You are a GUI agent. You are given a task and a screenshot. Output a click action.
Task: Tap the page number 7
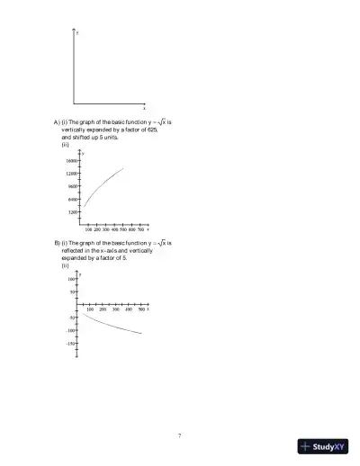179,435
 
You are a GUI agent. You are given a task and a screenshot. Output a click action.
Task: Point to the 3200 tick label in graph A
71,212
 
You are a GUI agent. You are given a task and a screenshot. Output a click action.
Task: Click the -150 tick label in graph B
70,343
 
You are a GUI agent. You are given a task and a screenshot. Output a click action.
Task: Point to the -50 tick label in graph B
72,318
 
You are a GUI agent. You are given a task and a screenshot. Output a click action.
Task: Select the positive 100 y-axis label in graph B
71,279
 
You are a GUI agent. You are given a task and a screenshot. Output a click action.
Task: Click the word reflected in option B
77,250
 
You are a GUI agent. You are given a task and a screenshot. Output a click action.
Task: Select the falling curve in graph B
112,324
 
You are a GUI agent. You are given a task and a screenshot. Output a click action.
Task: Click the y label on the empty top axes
78,32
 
